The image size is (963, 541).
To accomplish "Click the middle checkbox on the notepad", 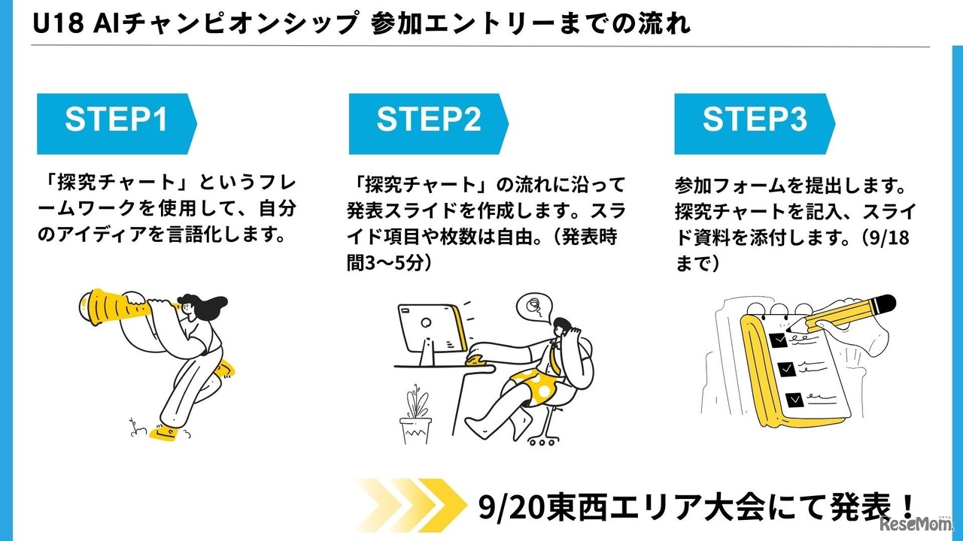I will pos(785,369).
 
